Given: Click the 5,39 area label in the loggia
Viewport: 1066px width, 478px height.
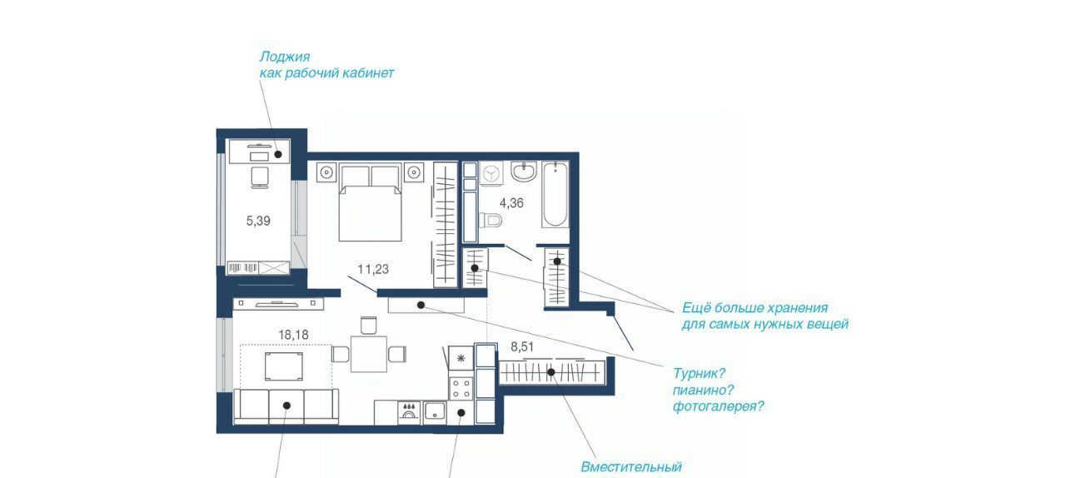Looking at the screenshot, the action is [258, 221].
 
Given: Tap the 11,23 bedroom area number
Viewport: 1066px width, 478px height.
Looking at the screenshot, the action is [373, 270].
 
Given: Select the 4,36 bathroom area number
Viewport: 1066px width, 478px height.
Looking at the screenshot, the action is [511, 203].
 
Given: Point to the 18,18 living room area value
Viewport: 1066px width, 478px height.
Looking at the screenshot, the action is [293, 335].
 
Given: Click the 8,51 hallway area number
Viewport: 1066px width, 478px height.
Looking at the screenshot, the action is [522, 347].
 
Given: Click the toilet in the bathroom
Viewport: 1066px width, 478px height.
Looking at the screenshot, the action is [491, 221].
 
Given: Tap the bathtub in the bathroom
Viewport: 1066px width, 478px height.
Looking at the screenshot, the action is [555, 194].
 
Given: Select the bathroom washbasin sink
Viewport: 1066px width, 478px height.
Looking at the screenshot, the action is [524, 172].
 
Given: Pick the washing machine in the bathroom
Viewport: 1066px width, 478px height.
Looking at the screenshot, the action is [491, 173].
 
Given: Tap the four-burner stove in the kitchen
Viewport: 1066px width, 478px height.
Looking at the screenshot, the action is [461, 387].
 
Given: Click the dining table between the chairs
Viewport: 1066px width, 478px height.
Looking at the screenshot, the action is [369, 354].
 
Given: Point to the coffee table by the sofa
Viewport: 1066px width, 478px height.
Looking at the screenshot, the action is [284, 366].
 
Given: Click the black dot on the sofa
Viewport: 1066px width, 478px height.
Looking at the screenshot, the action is [287, 406].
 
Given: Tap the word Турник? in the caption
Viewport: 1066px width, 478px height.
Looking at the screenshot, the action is [699, 374].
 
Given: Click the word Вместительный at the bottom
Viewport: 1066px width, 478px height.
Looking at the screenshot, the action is [631, 467].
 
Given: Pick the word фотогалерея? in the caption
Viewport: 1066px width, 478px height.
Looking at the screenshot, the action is [719, 406].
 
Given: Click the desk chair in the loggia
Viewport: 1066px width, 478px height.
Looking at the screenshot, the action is [259, 177].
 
